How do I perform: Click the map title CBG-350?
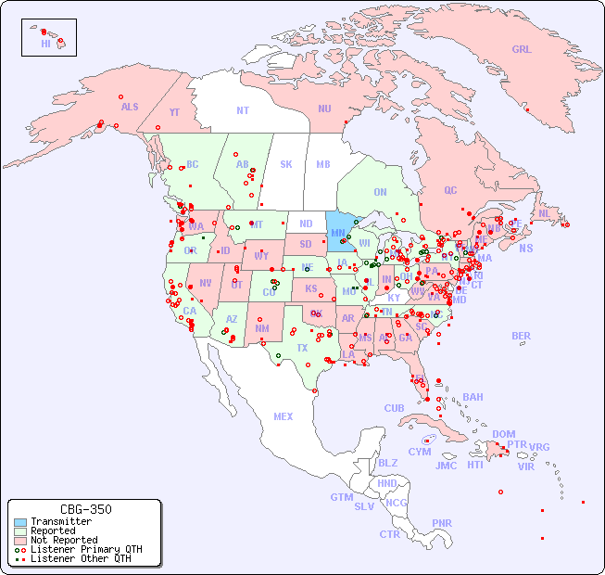(x=85, y=509)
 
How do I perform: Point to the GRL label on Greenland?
(x=522, y=50)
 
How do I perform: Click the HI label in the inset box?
(x=45, y=44)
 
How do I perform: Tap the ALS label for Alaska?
(x=130, y=108)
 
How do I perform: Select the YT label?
(x=174, y=112)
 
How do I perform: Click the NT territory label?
(x=242, y=110)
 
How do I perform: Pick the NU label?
(x=324, y=109)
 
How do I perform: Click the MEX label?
(x=284, y=416)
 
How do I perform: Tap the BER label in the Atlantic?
(x=522, y=336)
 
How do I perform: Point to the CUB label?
(x=394, y=408)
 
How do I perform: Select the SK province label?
(x=286, y=164)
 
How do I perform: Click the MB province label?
(x=323, y=164)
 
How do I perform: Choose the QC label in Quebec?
(x=450, y=190)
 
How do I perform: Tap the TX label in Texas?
(x=302, y=348)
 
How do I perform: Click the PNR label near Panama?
(x=442, y=523)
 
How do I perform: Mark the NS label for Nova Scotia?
(x=525, y=248)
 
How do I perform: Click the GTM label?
(x=341, y=497)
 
